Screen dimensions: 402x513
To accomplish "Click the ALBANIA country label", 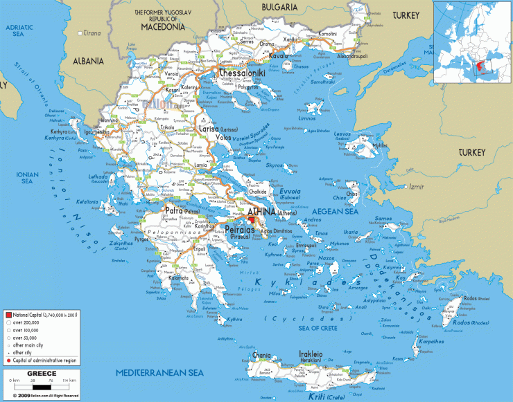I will [89, 60].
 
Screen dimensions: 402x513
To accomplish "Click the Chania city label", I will [262, 356].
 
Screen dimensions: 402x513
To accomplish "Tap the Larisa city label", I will [207, 129].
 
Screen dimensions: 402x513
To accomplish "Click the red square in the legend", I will [8, 315].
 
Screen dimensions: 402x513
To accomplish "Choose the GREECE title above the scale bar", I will [41, 373].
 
